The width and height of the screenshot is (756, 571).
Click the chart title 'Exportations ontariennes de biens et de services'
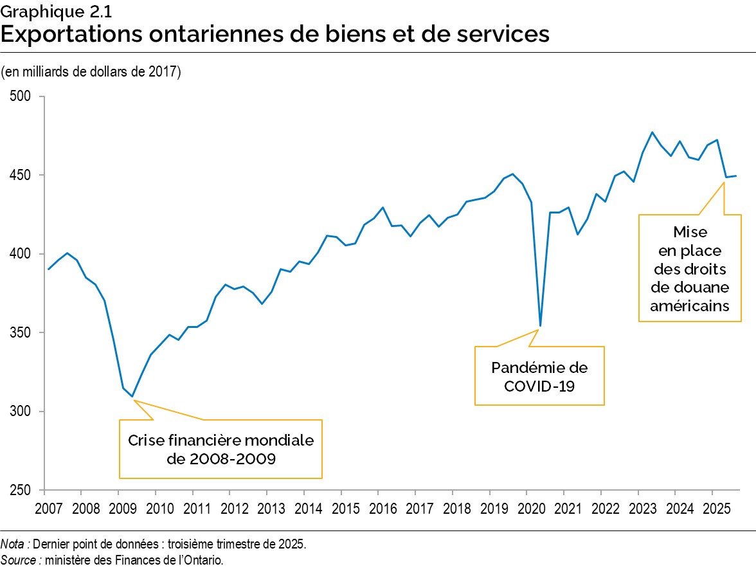[275, 34]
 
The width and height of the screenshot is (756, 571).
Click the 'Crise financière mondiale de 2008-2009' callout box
[221, 449]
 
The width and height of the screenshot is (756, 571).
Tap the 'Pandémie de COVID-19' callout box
[539, 376]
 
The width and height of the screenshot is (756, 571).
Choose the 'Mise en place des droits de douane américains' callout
[689, 268]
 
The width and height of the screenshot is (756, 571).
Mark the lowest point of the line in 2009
[132, 397]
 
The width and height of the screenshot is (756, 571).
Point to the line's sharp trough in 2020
[540, 326]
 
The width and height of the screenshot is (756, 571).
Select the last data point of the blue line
[736, 176]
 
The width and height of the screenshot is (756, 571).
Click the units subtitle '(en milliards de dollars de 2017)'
[91, 71]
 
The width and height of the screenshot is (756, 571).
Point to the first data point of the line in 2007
[49, 269]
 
